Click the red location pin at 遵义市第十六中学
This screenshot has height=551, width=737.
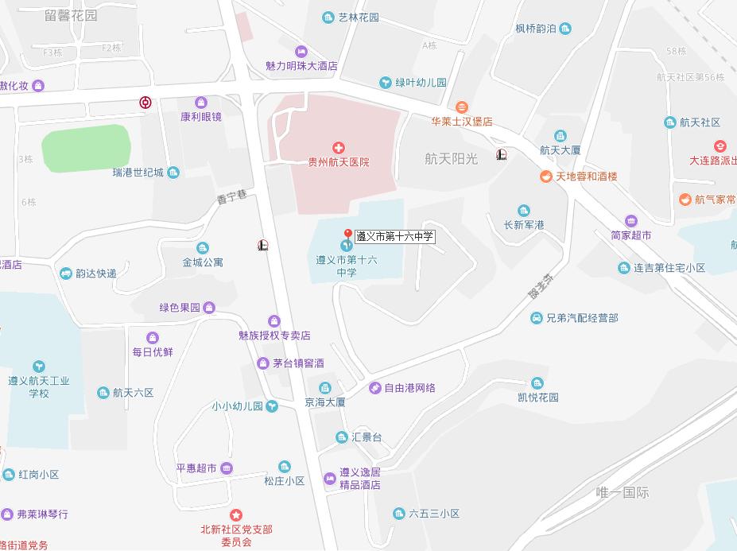347,234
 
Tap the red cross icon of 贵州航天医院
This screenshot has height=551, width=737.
339,147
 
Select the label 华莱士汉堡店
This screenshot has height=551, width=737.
462,122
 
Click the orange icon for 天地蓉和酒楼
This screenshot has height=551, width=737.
545,177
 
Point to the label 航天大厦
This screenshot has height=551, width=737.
561,149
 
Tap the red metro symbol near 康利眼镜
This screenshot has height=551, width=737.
145,103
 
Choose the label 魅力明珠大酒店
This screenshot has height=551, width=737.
301,66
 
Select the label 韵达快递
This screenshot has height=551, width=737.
96,274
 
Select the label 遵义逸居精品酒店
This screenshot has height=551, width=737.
360,478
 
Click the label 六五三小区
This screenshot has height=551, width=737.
434,514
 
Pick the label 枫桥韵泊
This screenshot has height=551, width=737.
535,29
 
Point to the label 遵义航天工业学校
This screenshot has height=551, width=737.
39,386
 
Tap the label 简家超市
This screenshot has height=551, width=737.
631,235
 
